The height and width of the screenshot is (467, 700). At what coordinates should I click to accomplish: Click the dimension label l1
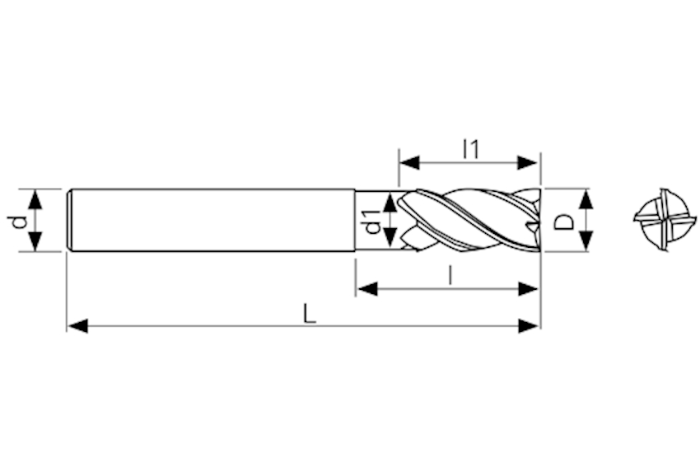click(x=471, y=149)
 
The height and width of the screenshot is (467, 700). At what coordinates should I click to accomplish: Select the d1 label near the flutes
click(x=372, y=221)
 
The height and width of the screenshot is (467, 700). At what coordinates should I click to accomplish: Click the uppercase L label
click(x=309, y=313)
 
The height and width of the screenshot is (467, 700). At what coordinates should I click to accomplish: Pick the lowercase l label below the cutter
click(x=451, y=274)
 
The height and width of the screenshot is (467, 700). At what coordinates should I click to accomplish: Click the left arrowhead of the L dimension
click(x=77, y=326)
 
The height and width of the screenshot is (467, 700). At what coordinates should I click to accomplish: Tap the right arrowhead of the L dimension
click(x=529, y=326)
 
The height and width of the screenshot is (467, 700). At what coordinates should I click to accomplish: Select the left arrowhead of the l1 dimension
click(x=410, y=162)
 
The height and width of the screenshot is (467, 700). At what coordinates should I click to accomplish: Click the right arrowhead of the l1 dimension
click(x=527, y=162)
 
